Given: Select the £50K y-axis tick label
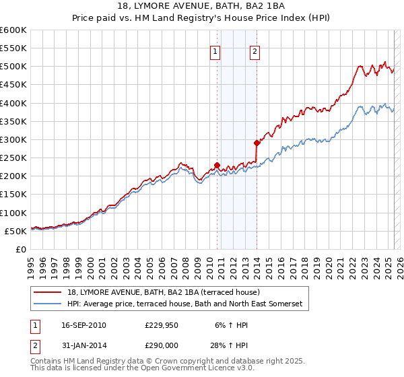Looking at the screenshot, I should click(x=15, y=231).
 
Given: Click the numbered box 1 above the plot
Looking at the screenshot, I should click(x=215, y=52).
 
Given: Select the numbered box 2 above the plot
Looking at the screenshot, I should click(x=255, y=52).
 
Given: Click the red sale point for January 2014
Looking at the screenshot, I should click(x=257, y=143).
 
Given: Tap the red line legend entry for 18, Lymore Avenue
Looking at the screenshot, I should click(x=168, y=292).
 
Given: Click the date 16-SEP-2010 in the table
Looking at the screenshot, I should click(x=83, y=325).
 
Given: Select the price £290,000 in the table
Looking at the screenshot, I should click(x=161, y=344).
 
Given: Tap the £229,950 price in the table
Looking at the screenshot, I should click(x=161, y=325).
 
